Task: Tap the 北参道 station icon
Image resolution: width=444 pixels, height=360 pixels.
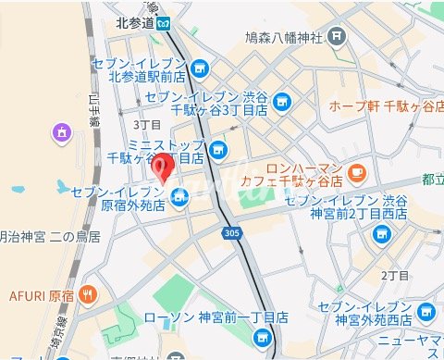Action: pyautogui.click(x=164, y=22)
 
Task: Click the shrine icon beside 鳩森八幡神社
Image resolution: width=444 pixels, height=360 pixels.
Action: pyautogui.click(x=336, y=38)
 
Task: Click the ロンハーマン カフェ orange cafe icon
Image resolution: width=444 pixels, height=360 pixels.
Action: pyautogui.click(x=357, y=171)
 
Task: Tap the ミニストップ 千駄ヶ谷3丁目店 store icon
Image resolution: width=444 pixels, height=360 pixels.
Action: pyautogui.click(x=218, y=147)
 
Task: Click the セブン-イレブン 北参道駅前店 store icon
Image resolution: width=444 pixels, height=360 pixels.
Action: pyautogui.click(x=200, y=68)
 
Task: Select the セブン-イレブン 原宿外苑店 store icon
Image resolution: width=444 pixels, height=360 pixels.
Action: pyautogui.click(x=178, y=196)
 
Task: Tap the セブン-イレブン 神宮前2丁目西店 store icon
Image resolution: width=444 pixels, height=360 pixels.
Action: pyautogui.click(x=381, y=234)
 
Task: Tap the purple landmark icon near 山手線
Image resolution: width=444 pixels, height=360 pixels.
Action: pyautogui.click(x=62, y=132)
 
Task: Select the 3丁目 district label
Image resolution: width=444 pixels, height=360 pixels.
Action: pyautogui.click(x=148, y=123)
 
